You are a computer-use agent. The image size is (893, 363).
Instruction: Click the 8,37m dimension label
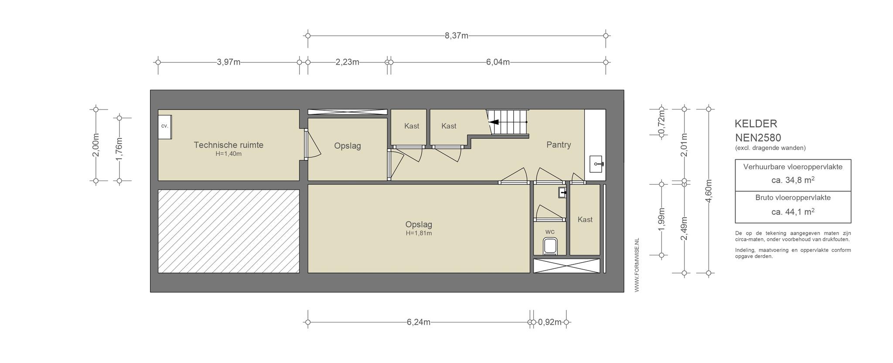(457, 36)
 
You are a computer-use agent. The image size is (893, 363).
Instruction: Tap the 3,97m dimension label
(228, 62)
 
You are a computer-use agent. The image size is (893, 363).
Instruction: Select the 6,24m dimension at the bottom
(419, 322)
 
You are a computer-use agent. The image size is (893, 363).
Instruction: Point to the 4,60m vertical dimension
(709, 191)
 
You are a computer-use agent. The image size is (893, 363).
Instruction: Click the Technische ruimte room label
(228, 145)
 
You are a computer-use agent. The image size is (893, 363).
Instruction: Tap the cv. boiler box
(164, 127)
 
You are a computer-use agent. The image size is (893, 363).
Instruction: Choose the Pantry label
(559, 145)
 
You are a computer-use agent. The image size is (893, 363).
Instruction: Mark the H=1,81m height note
(419, 233)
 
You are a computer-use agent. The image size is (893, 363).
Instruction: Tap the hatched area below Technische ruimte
(228, 231)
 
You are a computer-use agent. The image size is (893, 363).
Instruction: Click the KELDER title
(756, 124)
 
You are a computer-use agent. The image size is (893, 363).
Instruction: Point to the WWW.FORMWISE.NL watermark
(637, 265)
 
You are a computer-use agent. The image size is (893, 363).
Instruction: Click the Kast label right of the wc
(585, 219)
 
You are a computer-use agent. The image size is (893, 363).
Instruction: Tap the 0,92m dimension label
(550, 322)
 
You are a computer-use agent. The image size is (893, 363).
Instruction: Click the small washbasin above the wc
(562, 192)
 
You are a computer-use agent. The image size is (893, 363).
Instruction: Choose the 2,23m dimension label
(348, 62)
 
